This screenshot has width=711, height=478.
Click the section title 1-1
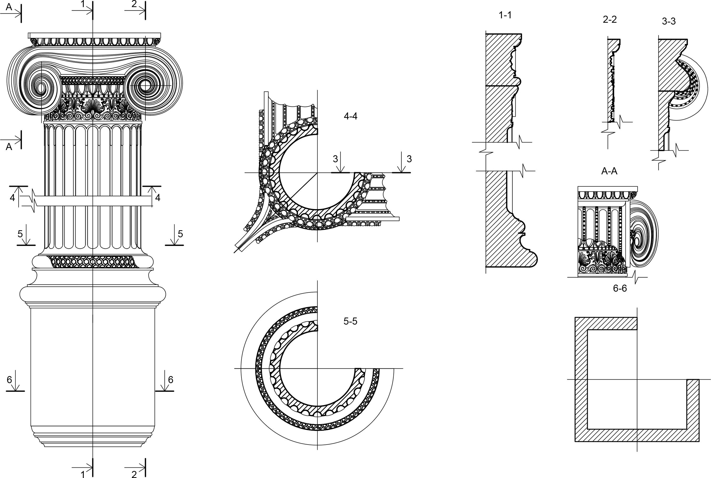505,15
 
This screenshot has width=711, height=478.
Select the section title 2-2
610,20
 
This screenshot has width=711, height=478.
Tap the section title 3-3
669,21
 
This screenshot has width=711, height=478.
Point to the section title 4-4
350,116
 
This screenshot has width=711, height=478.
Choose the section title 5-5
350,321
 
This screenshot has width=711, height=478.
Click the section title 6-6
620,288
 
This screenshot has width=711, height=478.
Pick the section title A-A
609,171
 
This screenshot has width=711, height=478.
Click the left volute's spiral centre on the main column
41,88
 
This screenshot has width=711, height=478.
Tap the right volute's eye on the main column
145,86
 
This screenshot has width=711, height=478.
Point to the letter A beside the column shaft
9,147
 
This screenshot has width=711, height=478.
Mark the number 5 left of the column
20,234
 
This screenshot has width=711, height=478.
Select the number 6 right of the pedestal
171,380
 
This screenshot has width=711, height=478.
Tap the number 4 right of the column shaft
158,198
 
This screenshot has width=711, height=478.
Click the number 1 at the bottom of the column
82,474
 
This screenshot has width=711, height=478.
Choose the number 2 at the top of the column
134,4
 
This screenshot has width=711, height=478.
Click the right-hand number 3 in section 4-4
409,159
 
